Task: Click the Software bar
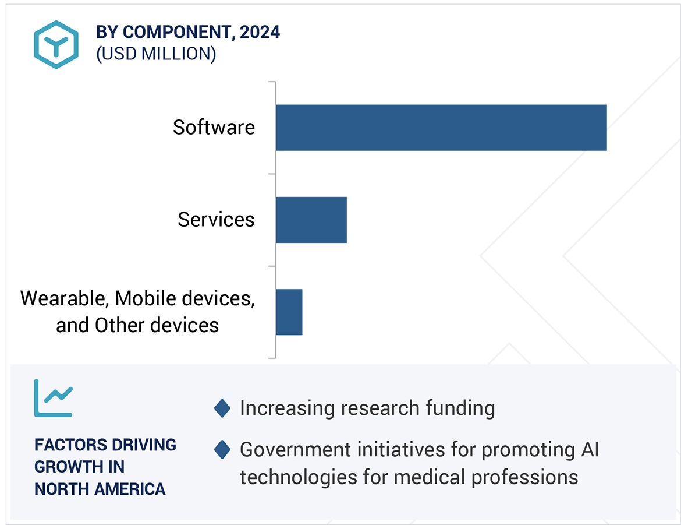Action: pos(441,128)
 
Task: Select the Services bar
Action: pos(311,220)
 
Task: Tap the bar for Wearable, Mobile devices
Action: pos(289,312)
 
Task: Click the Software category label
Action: pos(214,128)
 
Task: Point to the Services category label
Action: pos(216,220)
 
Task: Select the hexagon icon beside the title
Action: pos(56,45)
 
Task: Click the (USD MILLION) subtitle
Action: pos(156,54)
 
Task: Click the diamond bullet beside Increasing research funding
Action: pos(222,408)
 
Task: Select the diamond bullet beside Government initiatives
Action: pos(222,450)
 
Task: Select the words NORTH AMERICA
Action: pos(100,489)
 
